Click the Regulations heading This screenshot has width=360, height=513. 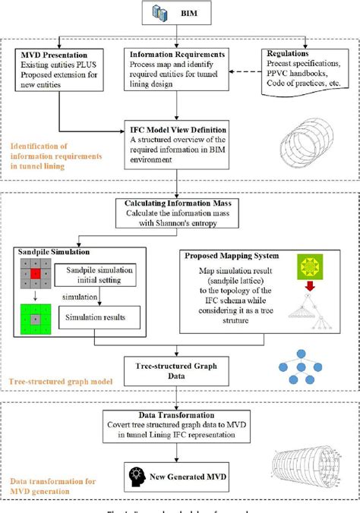[292, 55]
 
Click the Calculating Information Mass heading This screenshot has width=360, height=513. [178, 203]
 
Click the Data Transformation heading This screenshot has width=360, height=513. [178, 412]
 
